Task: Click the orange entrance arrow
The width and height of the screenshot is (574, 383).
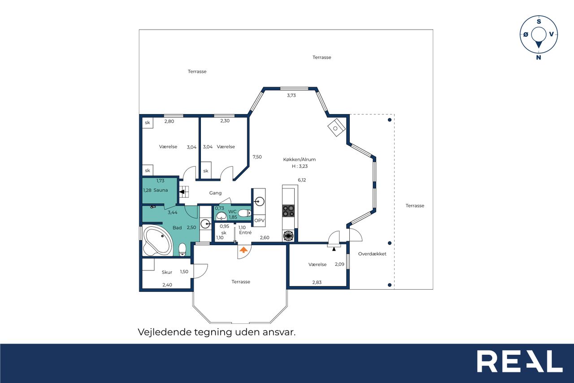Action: click(x=244, y=250)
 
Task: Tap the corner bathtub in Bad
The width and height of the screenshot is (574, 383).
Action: click(x=157, y=241)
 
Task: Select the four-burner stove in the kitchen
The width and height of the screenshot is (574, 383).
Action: click(x=288, y=211)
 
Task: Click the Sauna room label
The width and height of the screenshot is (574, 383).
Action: click(x=161, y=190)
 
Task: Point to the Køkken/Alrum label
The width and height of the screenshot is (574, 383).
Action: click(x=299, y=159)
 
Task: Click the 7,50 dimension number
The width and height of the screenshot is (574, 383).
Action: click(x=257, y=157)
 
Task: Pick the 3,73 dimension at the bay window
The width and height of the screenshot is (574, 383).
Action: click(x=291, y=95)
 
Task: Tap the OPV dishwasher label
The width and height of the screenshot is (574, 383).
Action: click(x=259, y=220)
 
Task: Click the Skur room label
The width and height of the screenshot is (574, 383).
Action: click(x=167, y=272)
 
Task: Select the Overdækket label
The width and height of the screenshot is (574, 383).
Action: click(x=372, y=254)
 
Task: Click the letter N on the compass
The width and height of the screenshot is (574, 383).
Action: click(x=539, y=57)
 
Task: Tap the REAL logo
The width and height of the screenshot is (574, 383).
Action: click(x=520, y=361)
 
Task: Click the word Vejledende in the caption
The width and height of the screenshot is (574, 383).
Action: click(x=164, y=332)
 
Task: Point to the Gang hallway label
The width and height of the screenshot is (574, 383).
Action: click(x=215, y=193)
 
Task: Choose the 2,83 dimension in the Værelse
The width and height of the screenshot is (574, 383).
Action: click(x=317, y=282)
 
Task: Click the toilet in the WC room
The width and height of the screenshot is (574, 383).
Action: click(x=245, y=213)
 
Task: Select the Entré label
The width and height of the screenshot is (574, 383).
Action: click(x=245, y=233)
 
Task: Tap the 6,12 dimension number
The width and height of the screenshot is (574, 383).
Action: click(x=302, y=180)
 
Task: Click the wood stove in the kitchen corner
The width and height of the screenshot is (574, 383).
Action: click(x=337, y=128)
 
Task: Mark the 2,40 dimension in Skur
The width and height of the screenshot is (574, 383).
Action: click(x=167, y=285)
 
